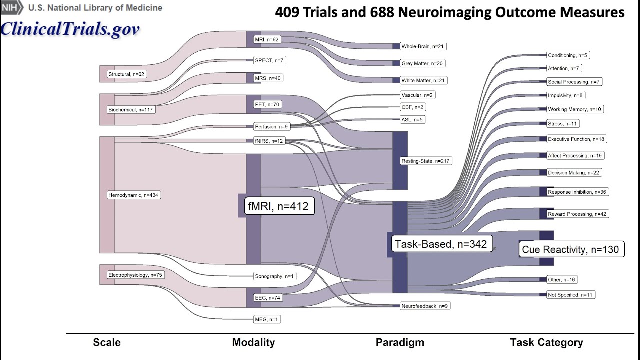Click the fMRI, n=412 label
coord(279,205)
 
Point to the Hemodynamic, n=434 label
coord(133,195)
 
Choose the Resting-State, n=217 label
coord(425,161)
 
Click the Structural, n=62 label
coord(127,74)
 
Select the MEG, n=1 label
coord(267,319)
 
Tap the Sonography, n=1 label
coord(275,276)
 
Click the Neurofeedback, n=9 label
coord(425,306)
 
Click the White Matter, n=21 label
coord(423,80)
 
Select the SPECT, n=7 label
coord(269,60)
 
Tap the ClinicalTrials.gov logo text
coord(70,29)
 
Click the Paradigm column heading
coord(400,342)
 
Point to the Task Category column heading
coord(546,342)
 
